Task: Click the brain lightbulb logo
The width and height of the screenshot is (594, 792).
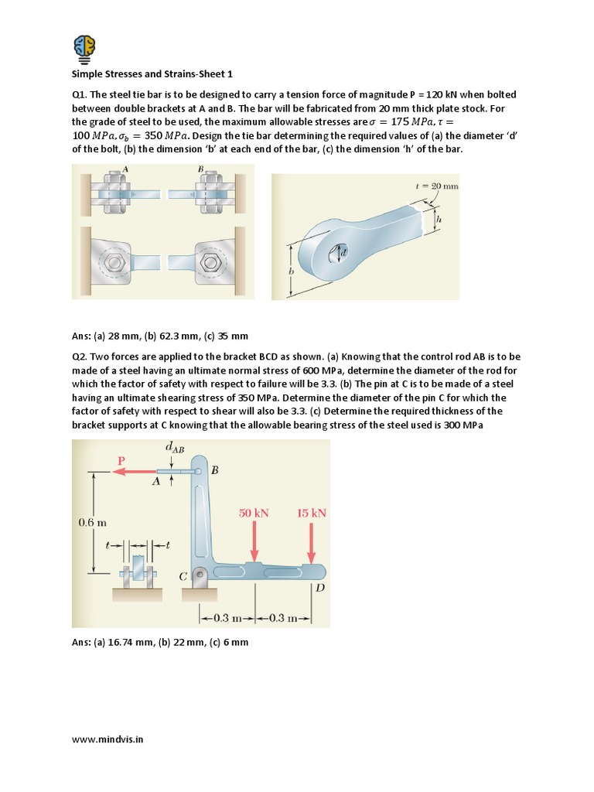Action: [85, 47]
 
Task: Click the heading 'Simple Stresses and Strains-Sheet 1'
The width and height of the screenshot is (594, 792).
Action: [152, 74]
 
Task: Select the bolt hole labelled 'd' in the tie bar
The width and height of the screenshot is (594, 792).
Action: [337, 253]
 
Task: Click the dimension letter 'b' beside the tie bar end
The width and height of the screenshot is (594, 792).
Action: [292, 271]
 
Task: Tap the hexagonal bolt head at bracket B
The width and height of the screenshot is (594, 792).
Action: [208, 262]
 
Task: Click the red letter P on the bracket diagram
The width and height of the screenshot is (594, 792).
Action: [121, 460]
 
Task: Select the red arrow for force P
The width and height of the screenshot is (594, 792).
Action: [135, 472]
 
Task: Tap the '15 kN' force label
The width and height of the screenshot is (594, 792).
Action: [312, 513]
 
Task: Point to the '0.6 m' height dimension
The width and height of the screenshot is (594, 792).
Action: [92, 523]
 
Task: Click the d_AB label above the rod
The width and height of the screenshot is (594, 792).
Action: [175, 447]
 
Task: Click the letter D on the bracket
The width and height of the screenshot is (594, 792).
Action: [319, 588]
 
